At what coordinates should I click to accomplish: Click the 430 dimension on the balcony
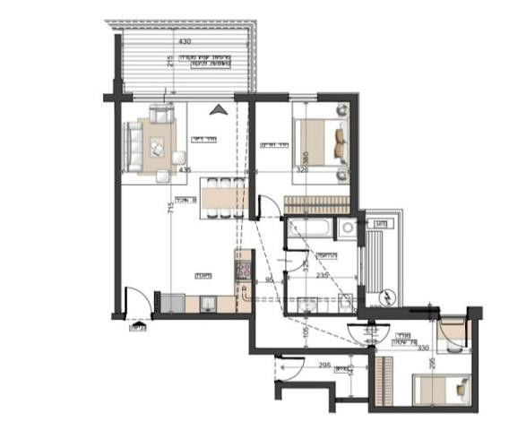click(x=184, y=42)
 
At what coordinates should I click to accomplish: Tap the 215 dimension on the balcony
click(x=169, y=62)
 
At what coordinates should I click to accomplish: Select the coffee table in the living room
click(x=159, y=145)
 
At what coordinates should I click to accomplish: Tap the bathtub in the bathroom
click(x=309, y=228)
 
